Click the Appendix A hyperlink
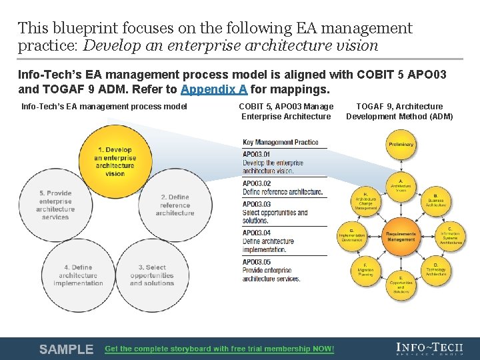click(x=213, y=90)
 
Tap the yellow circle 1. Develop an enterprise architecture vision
click(x=114, y=161)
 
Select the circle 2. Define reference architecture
click(x=175, y=205)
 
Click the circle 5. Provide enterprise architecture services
click(x=55, y=205)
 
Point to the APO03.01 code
click(x=257, y=155)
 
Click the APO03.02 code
click(x=257, y=183)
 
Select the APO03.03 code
click(x=257, y=204)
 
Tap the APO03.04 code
click(x=257, y=233)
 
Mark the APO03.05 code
click(x=257, y=262)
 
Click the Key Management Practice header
click(x=281, y=142)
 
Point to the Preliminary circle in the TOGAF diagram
click(x=401, y=145)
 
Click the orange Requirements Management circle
click(x=401, y=236)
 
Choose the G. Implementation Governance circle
click(x=351, y=235)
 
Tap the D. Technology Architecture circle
click(x=436, y=269)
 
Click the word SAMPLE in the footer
click(x=66, y=349)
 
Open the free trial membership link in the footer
click(x=219, y=349)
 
